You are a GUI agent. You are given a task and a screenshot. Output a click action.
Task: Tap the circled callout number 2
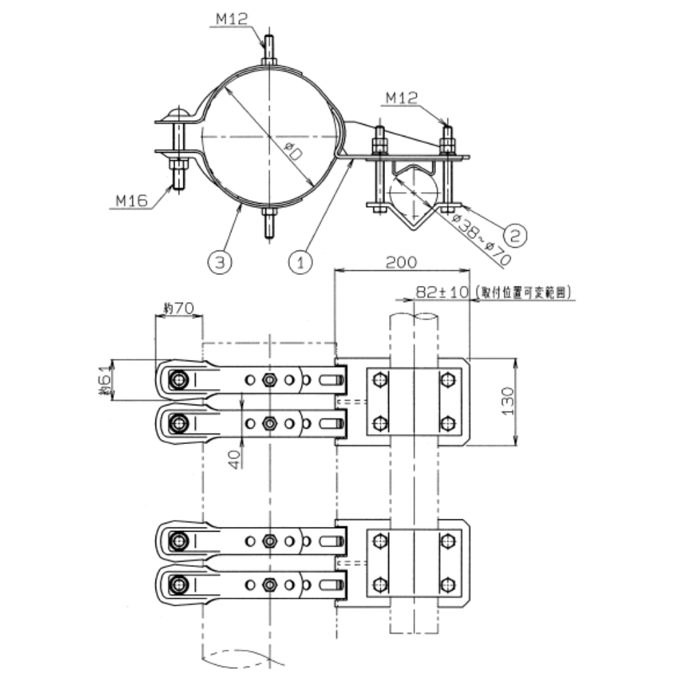516,234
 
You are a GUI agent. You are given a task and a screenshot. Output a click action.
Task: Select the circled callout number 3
217,261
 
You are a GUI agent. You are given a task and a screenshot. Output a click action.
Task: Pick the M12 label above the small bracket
401,99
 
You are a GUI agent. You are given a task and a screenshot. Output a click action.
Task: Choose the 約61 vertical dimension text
104,380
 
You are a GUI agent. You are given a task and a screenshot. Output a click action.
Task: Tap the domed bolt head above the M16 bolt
179,113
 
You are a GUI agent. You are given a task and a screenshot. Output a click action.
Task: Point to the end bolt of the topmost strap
179,380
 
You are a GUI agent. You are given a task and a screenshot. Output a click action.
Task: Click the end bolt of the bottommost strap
179,583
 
